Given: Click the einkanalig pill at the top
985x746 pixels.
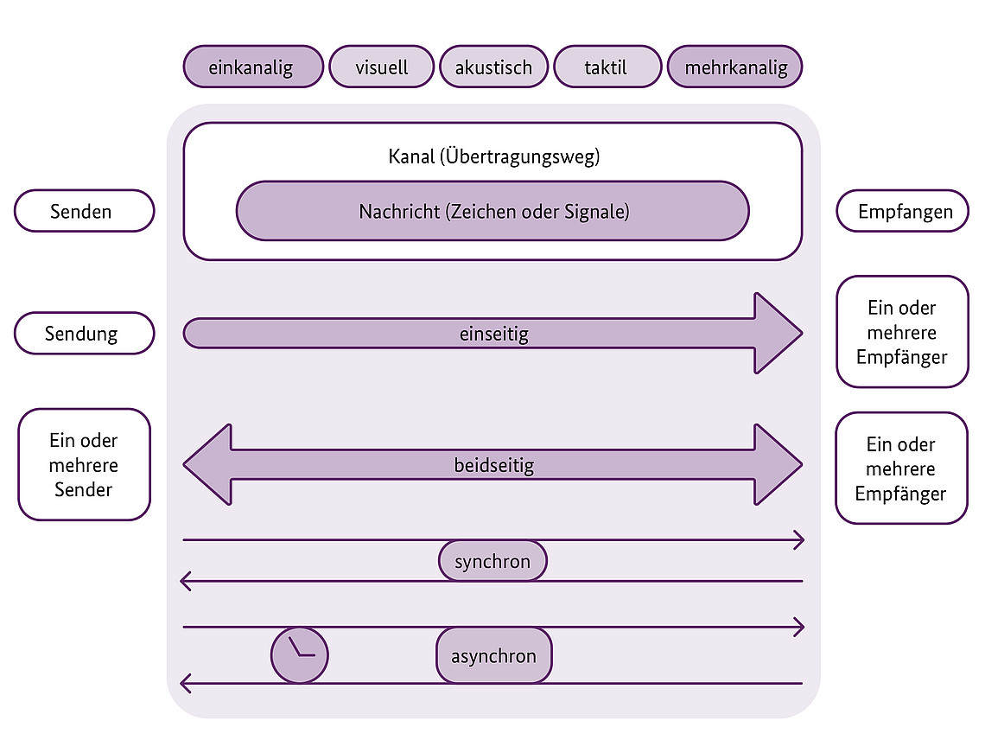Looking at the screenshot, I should click(252, 67).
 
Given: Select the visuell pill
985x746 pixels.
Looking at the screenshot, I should click(381, 67).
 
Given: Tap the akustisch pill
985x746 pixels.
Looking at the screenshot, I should click(493, 67).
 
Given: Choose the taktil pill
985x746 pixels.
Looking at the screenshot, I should click(607, 67).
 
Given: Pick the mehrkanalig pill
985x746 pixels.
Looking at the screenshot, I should click(735, 67).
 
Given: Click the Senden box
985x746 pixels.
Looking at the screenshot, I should click(84, 211).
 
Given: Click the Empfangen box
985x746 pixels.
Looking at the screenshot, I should click(902, 211).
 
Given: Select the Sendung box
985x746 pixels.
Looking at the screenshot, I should click(84, 333).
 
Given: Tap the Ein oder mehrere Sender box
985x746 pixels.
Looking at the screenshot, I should click(84, 464).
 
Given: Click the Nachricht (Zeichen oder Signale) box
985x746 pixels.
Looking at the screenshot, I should click(492, 210).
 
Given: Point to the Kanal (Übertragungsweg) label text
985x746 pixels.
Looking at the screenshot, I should click(493, 157).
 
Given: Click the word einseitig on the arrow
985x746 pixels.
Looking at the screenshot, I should click(493, 334).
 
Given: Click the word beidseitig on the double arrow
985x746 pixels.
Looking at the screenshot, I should click(493, 465).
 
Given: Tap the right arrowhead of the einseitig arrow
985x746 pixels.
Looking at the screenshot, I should click(777, 333).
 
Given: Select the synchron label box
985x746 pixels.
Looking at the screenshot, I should click(492, 562).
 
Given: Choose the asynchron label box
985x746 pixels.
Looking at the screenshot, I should click(493, 655).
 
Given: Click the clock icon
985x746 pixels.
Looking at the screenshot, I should click(300, 654).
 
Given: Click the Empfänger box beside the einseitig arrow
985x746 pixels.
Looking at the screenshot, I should click(902, 332).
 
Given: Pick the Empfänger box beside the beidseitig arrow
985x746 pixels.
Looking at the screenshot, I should click(901, 468).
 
